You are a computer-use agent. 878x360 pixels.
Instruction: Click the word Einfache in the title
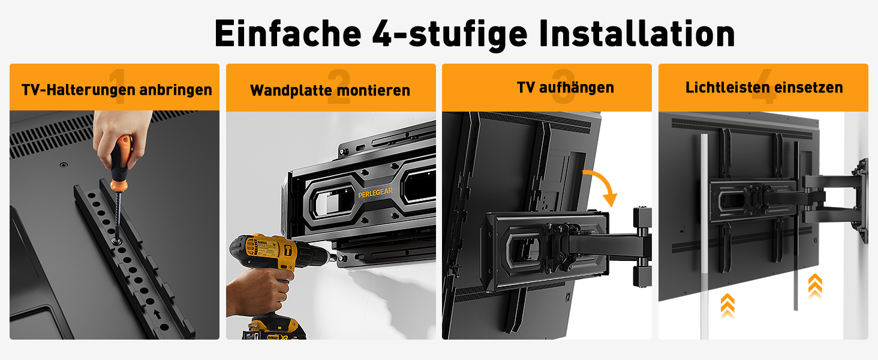tap(288, 34)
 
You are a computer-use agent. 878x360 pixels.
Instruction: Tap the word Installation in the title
tap(637, 34)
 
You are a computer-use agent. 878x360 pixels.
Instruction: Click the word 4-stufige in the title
tap(450, 35)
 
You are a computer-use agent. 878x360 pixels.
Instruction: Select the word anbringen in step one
tap(176, 90)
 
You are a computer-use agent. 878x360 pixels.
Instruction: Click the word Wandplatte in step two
tap(291, 90)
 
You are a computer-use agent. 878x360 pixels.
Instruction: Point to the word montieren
tap(374, 91)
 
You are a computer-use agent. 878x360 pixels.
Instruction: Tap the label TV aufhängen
tap(565, 88)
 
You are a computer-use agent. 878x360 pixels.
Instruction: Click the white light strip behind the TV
tap(704, 235)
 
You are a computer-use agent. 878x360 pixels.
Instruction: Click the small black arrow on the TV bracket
tap(157, 314)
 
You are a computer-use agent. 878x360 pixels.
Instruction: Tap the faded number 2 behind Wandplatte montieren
tap(339, 86)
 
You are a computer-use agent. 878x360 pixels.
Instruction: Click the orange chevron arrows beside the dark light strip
tap(815, 286)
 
